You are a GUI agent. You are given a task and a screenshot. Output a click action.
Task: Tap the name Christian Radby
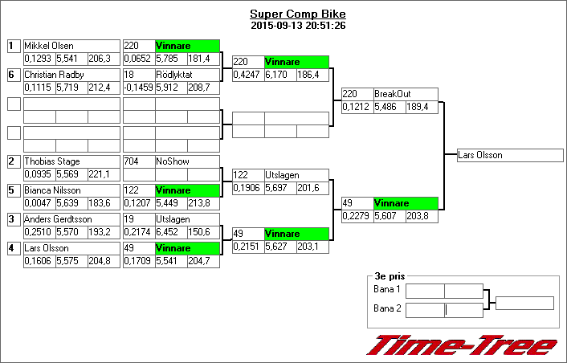point(54,75)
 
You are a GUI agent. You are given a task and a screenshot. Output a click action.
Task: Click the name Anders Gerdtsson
point(57,219)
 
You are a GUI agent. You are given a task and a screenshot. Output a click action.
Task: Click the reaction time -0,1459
point(138,88)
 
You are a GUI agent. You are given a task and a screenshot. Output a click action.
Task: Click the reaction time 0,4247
point(247,75)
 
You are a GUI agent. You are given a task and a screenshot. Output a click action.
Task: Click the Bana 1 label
point(387,289)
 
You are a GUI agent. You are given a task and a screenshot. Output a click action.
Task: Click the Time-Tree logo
point(461,345)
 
